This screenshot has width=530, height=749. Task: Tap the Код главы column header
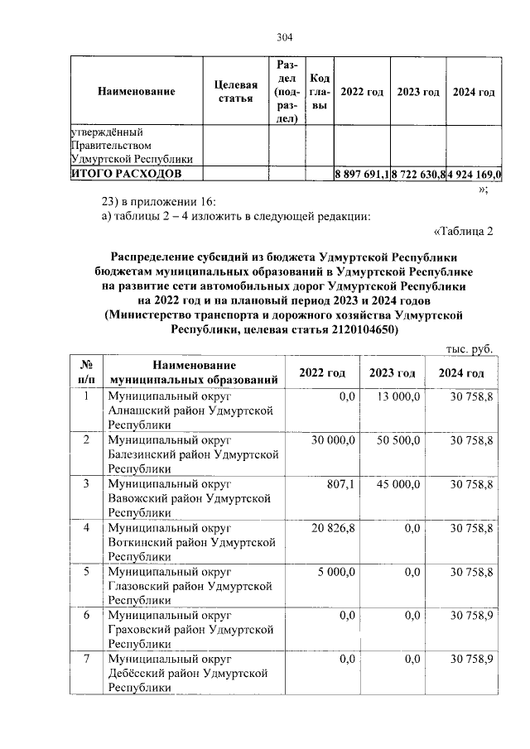click(x=320, y=92)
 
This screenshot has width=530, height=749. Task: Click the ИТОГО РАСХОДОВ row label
click(x=125, y=174)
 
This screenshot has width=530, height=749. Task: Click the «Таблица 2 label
click(x=463, y=231)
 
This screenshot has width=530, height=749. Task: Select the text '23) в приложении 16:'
click(x=157, y=202)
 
